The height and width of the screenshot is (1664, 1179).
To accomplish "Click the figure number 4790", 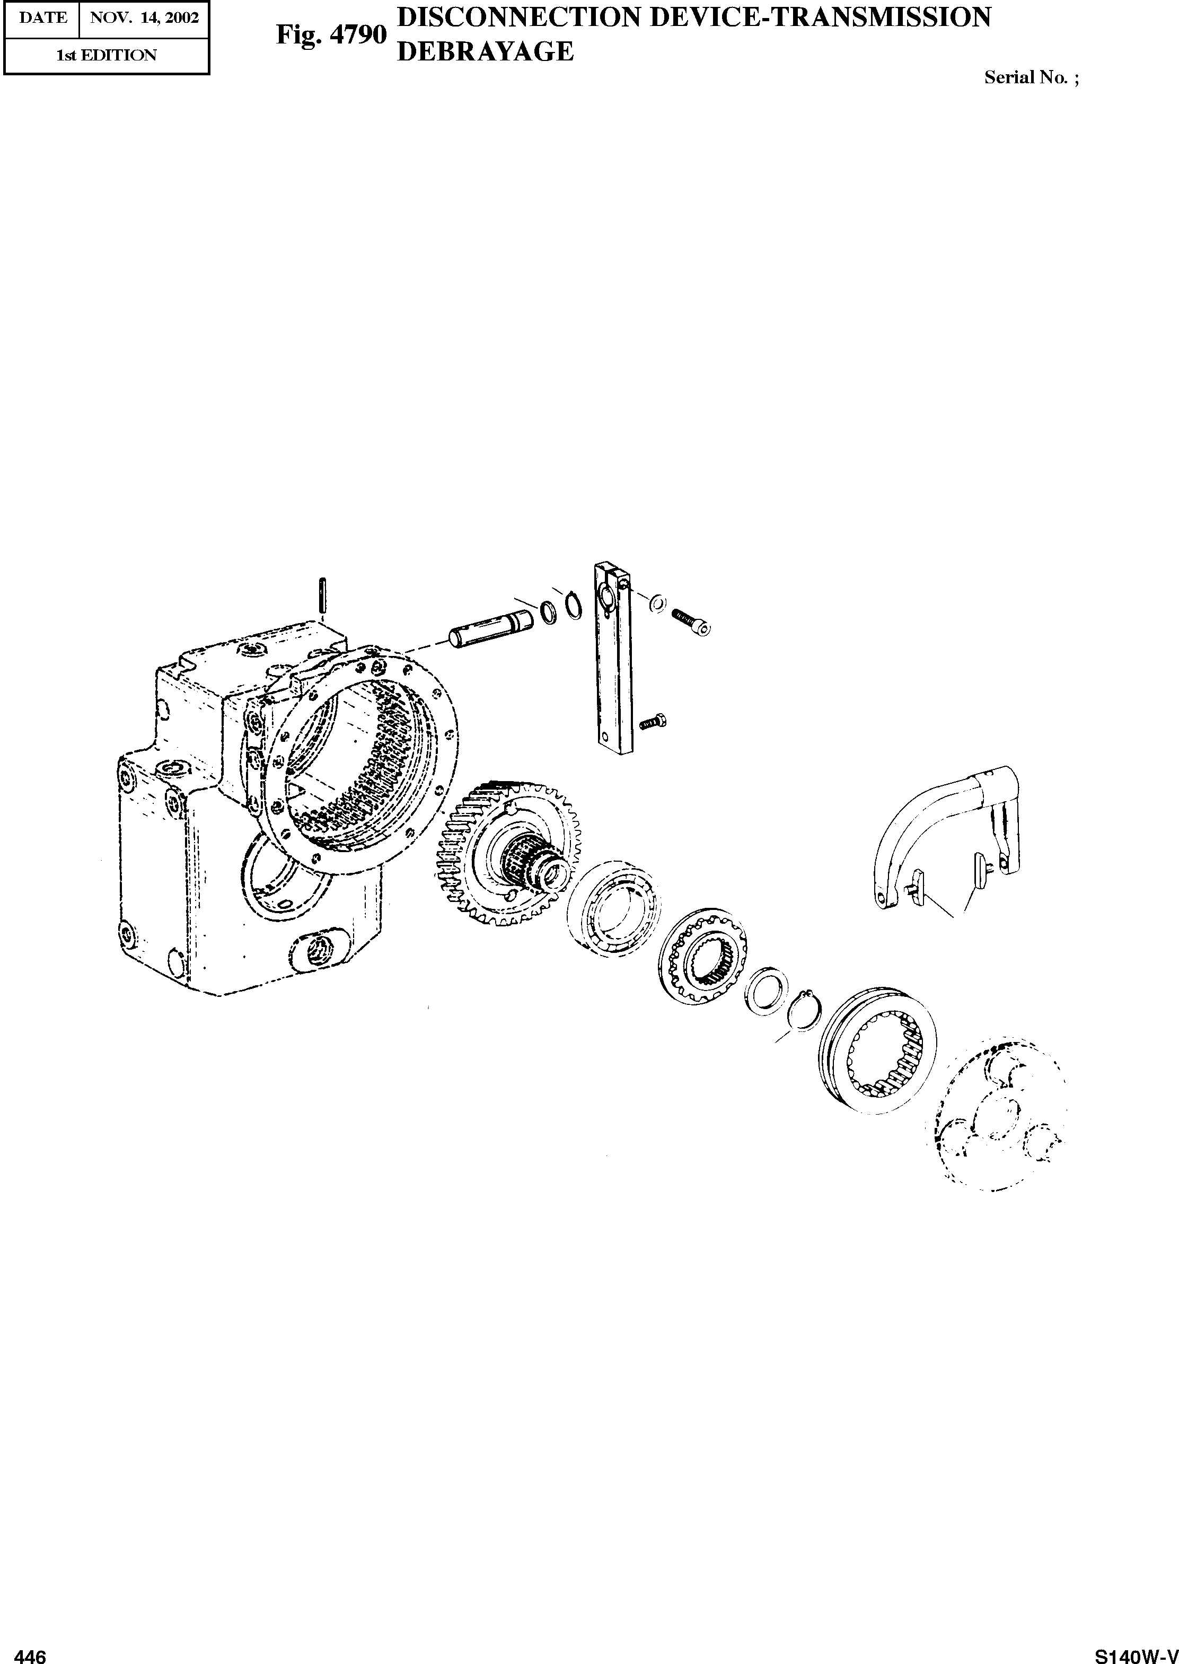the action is pos(331,35).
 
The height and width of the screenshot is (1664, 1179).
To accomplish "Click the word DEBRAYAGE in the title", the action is pos(486,51).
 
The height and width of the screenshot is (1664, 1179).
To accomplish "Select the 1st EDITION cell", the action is pos(107,55).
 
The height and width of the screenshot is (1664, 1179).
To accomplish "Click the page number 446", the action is pos(31,1650).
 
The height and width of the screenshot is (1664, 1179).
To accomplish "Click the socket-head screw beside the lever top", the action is pos(692,621).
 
